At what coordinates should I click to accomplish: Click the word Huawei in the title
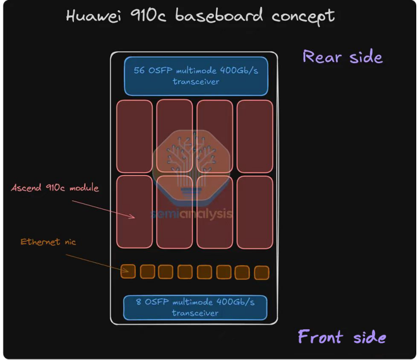pos(94,16)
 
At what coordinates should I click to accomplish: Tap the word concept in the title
pos(303,16)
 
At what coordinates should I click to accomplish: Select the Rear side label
pos(342,56)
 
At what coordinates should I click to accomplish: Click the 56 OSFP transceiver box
pos(196,76)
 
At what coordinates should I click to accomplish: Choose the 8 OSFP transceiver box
pos(195,308)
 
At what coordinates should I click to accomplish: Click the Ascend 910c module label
pos(55,188)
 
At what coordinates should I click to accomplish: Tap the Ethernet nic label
pos(48,242)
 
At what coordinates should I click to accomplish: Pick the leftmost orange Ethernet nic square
pos(128,271)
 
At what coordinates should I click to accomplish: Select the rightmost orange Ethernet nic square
pos(261,273)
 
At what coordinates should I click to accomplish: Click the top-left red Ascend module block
pos(135,136)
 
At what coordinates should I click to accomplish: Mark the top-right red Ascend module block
pos(255,136)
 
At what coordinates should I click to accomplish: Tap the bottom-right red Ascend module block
pos(255,212)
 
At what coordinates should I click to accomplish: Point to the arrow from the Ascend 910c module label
pos(103,210)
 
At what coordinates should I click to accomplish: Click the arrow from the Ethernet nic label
pos(97,263)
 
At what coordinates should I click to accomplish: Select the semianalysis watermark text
pos(191,214)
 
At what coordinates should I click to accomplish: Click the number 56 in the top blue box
pos(139,70)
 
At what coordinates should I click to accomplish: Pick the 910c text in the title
pos(148,15)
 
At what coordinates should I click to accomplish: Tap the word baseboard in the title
pos(219,15)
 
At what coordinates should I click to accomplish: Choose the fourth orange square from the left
pos(185,272)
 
